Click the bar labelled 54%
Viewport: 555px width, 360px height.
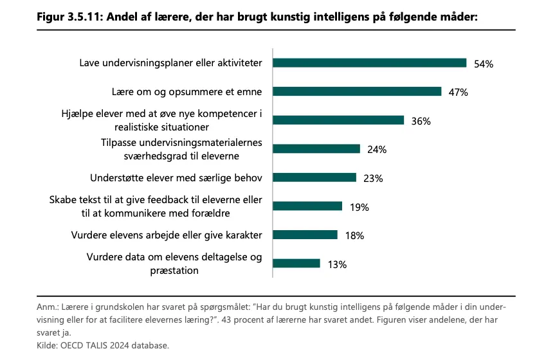tap(370, 63)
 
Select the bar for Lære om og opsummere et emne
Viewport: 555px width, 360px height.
tap(358, 91)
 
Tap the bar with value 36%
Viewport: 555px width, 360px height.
tap(338, 120)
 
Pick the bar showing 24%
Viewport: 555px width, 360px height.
tap(316, 149)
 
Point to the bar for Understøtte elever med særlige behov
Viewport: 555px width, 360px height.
tap(314, 177)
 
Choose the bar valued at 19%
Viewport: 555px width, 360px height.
tap(307, 206)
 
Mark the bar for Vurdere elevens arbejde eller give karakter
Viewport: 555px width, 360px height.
tap(305, 235)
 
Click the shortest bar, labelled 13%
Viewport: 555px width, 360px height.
tap(296, 264)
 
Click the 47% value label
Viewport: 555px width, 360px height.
tap(458, 92)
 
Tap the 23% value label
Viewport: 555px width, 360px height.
tap(373, 178)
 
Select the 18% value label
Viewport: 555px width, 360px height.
tap(354, 235)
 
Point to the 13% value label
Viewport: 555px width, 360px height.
tap(337, 264)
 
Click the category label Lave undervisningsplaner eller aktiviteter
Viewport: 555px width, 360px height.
tap(170, 63)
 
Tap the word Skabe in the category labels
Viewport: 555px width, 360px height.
tap(62, 200)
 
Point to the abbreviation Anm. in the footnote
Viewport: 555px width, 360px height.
tap(48, 307)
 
